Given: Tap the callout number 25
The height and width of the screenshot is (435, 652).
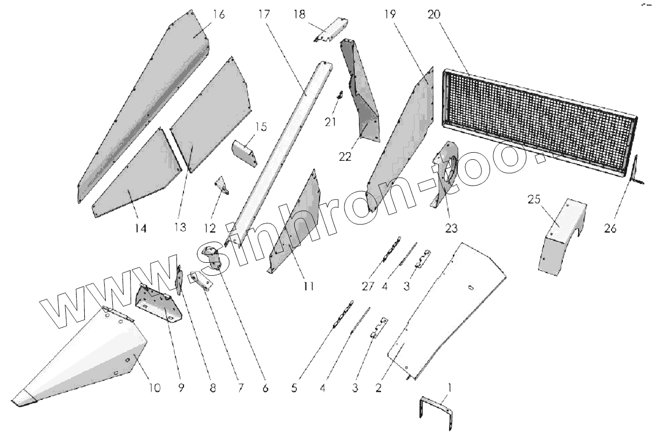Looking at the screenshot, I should (x=533, y=200).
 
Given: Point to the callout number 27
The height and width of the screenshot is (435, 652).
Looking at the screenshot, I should (x=368, y=287).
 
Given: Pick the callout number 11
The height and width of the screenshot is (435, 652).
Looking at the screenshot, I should (x=308, y=286).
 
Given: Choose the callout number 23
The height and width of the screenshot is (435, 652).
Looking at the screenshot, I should (x=451, y=228).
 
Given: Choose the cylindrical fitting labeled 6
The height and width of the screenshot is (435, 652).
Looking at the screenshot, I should (x=213, y=257).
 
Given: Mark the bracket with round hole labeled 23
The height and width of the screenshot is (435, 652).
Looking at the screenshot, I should (x=445, y=173).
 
